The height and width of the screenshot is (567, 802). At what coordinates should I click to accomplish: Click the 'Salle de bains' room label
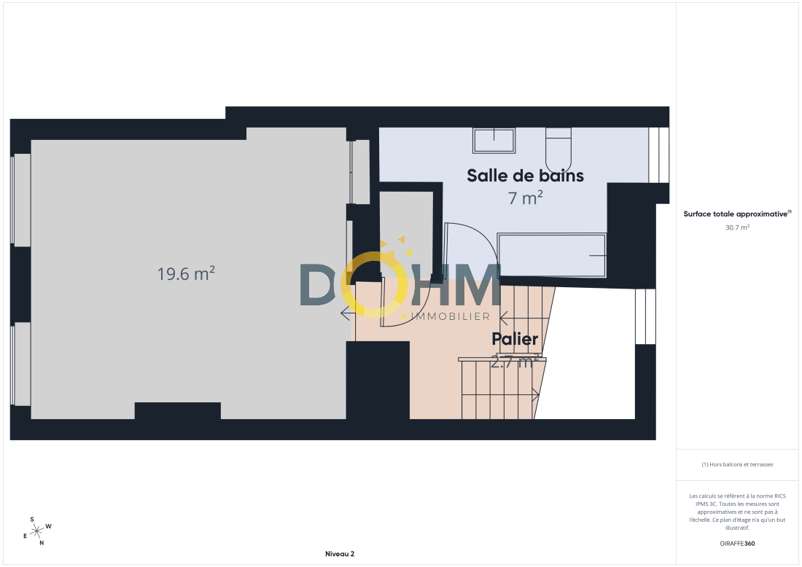525,176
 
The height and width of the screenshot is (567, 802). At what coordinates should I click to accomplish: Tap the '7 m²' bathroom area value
525,198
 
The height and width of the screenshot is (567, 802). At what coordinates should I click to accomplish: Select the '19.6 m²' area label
186,273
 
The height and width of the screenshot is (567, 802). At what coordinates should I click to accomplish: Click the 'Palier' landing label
515,338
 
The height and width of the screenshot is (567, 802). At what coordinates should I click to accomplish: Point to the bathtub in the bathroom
552,255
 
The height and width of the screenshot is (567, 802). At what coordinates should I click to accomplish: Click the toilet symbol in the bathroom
558,150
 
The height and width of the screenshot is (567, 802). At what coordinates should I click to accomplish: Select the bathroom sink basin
494,141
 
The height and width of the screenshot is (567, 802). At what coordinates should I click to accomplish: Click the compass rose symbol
37,532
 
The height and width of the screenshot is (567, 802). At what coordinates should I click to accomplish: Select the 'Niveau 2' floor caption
340,554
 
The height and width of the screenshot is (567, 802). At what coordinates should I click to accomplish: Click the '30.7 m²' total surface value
737,227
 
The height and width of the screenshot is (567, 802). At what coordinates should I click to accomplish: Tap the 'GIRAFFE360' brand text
737,544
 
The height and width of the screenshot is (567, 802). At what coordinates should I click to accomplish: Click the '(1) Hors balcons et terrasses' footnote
737,464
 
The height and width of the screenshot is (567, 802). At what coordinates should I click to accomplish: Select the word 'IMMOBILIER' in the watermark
451,316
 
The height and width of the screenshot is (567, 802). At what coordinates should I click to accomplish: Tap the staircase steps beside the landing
501,388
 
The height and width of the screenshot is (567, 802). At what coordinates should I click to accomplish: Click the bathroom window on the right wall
659,155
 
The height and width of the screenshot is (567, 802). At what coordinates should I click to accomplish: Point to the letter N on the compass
42,543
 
